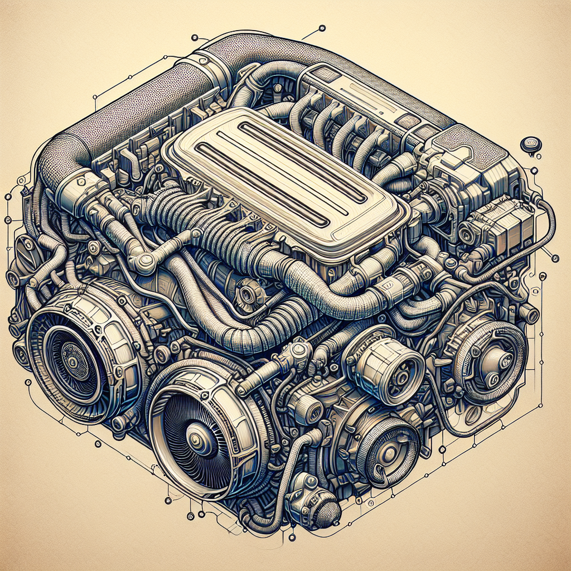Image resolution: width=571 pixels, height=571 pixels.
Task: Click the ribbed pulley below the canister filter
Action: (x=385, y=441)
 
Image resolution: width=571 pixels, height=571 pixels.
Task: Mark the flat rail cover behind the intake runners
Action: (x=357, y=92)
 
